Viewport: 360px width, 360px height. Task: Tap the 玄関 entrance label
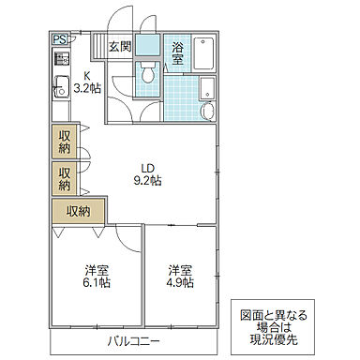pos(118,47)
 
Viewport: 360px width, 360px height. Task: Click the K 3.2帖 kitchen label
pos(86,84)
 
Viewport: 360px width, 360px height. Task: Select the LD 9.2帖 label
pos(148,173)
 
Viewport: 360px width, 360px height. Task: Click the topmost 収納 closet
pos(64,142)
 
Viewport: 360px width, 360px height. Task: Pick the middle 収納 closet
pos(64,178)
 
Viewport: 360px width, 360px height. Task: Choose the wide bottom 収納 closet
pos(78,211)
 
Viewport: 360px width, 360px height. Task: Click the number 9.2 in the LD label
pos(143,180)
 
